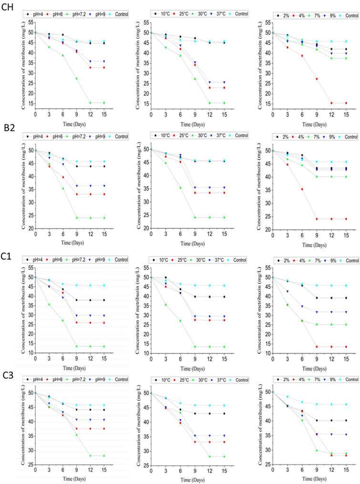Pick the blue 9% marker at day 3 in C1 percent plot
287,292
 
